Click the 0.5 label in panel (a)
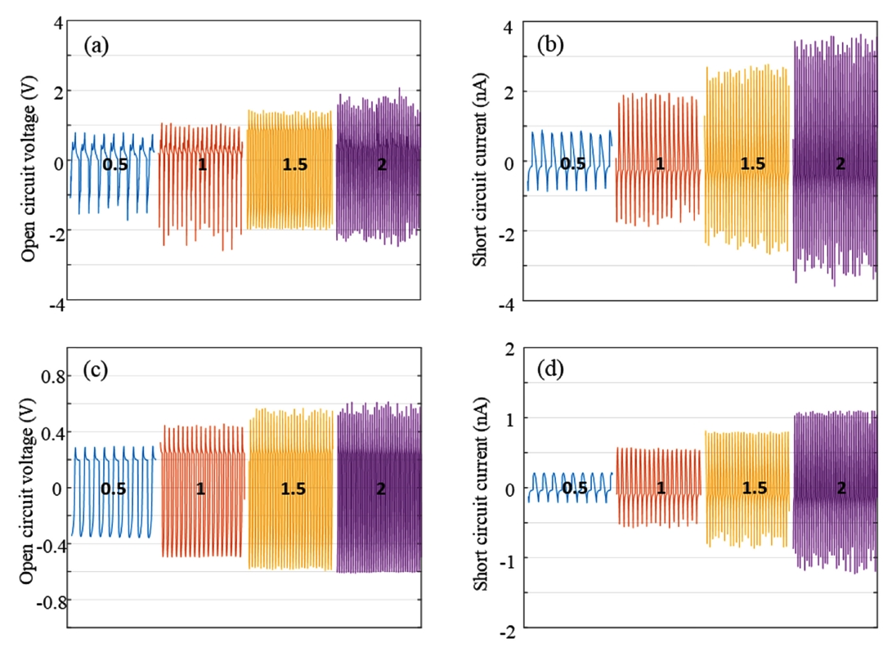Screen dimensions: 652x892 click(x=115, y=164)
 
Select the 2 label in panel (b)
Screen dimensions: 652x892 click(x=840, y=163)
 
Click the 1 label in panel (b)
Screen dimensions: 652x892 click(x=660, y=163)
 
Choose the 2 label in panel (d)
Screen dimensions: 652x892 click(x=840, y=489)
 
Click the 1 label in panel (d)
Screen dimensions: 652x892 click(x=660, y=489)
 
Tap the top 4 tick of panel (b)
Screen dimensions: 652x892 click(x=508, y=28)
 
